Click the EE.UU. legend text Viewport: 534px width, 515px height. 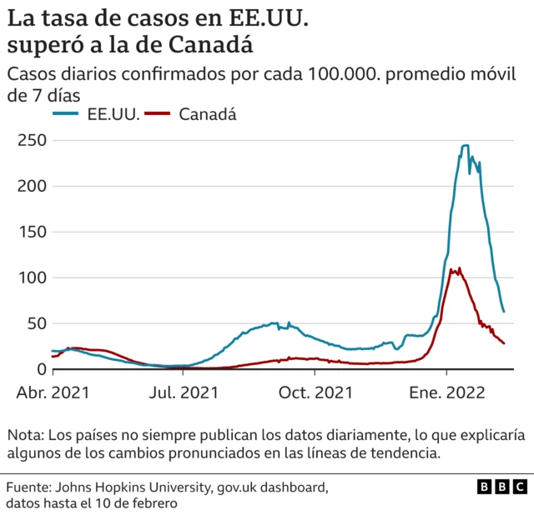113,114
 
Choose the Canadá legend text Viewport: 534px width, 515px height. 208,114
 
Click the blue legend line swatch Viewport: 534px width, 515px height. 67,114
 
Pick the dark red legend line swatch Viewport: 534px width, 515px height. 159,114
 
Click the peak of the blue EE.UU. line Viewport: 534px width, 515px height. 465,146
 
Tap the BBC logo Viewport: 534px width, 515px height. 501,487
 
